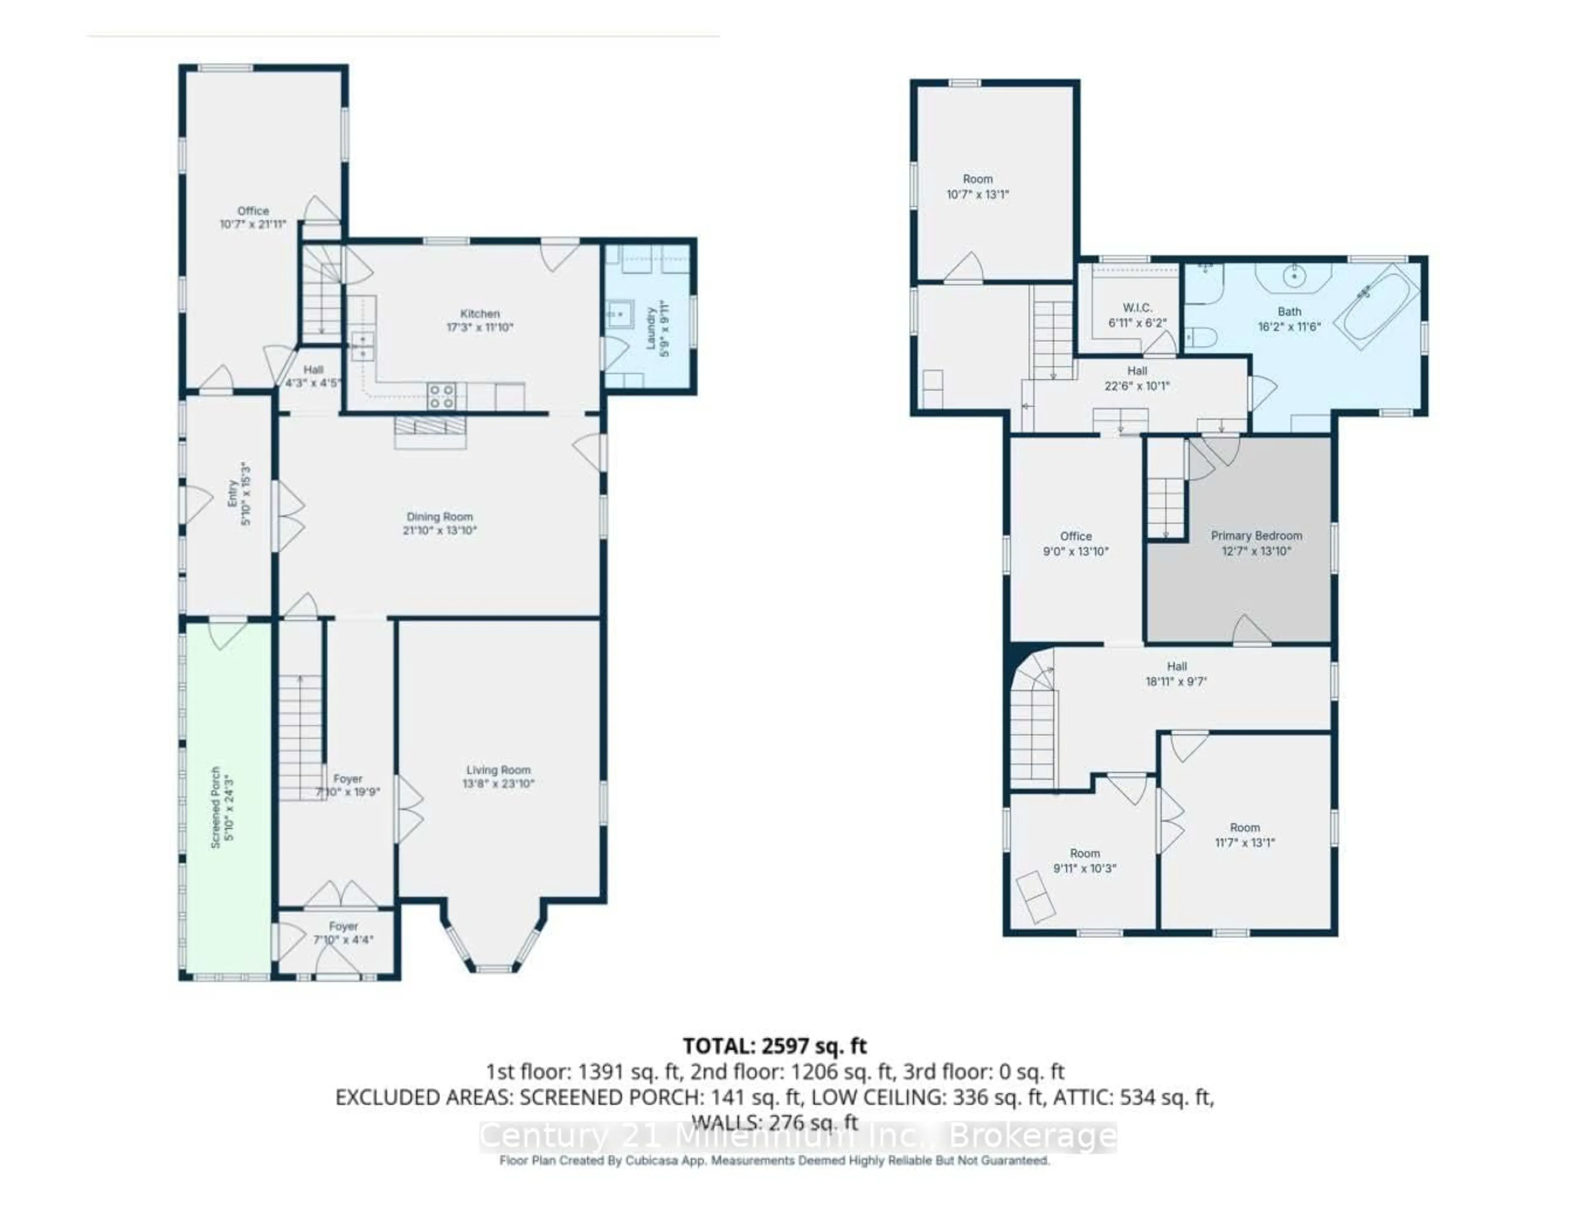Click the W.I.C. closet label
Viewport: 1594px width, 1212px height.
1137,308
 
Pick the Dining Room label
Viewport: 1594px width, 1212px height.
439,517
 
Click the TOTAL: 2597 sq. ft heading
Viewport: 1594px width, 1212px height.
775,1046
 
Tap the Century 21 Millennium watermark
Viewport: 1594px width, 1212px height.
797,1137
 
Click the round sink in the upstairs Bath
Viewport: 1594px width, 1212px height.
1295,276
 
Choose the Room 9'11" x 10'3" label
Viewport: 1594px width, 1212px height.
1084,853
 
